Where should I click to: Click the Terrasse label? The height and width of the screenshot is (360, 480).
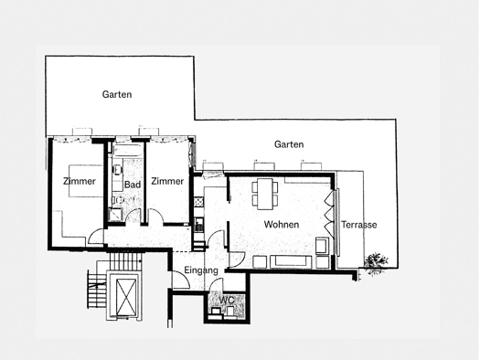pos(359,225)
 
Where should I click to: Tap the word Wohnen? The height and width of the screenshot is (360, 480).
pos(282,224)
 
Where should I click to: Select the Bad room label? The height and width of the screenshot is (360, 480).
pos(133,185)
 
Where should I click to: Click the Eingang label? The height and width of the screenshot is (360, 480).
pos(201,270)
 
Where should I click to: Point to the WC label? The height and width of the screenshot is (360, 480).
pos(227,300)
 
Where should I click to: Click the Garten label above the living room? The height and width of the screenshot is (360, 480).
pos(289,144)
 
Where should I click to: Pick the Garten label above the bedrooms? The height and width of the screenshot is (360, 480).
pos(117,94)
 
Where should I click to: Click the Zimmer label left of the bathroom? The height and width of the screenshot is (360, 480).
pos(80,181)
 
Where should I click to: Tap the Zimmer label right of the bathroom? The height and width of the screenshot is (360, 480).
pos(167,181)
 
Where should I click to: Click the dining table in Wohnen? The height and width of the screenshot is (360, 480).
pos(265,194)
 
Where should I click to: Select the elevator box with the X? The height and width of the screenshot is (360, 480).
pos(126,296)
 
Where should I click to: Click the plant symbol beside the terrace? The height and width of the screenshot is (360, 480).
pos(376,262)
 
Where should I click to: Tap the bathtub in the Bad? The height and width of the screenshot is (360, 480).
pos(128,151)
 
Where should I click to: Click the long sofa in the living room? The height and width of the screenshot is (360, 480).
pos(291,262)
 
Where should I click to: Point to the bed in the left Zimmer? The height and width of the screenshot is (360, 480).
pos(85,181)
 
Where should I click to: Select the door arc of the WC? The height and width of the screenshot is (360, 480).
pos(216,284)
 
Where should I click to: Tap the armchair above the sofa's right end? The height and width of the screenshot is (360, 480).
pos(322,246)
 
